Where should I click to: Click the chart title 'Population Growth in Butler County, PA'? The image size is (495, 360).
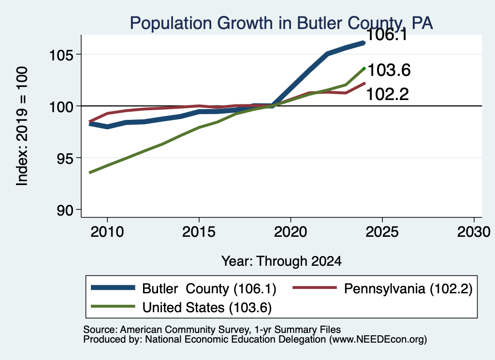(x=281, y=23)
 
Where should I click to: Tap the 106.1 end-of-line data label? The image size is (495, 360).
(x=387, y=35)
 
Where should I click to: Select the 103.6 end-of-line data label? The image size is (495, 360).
(x=389, y=70)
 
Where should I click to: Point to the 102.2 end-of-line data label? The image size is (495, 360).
(x=388, y=94)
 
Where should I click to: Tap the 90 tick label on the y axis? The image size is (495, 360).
(x=65, y=211)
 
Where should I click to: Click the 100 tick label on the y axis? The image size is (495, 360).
(x=61, y=107)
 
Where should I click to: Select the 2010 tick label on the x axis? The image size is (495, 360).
(x=107, y=232)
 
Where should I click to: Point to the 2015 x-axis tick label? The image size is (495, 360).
(x=199, y=232)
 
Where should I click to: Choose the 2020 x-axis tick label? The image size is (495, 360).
(x=291, y=232)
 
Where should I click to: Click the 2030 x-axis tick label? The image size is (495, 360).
(x=474, y=232)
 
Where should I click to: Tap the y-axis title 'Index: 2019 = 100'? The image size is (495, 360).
(x=22, y=126)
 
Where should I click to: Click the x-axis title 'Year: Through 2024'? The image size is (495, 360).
(x=282, y=261)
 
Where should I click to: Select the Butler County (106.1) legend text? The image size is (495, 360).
(x=209, y=288)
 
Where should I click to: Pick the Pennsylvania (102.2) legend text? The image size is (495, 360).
(x=408, y=288)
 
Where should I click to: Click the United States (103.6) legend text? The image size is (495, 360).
(x=207, y=308)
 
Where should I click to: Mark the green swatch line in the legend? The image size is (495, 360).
(x=113, y=306)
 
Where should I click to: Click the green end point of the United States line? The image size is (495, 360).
(x=364, y=68)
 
